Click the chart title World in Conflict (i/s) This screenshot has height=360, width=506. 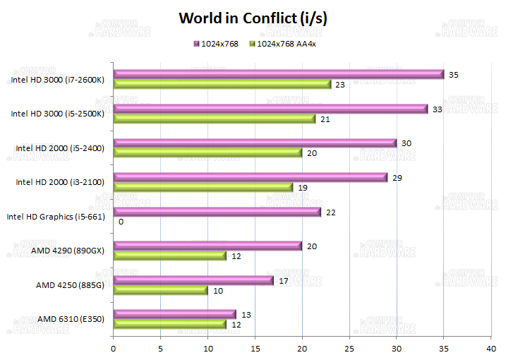pos(252,18)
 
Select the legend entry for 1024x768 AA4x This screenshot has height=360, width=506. pos(286,44)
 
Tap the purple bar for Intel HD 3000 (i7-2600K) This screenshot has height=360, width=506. pos(278,74)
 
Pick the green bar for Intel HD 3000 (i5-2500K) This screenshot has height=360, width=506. pos(214,119)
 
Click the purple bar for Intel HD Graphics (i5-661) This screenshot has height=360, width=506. pos(217,212)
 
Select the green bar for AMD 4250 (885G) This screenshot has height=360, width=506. pos(160,290)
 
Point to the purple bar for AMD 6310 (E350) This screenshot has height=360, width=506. pos(174,314)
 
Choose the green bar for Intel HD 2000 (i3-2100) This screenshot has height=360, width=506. pos(203,187)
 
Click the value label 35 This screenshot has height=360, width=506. pos(454,74)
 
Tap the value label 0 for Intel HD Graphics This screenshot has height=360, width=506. pos(121,222)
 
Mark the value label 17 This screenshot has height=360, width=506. pos(284,280)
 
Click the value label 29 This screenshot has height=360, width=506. pos(397,177)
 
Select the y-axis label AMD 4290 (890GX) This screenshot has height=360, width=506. pos(68,251)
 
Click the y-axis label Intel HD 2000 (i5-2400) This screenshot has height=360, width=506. pos(60,148)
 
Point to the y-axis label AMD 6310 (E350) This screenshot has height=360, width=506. pos(71,319)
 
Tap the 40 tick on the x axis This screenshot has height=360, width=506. pos(491,347)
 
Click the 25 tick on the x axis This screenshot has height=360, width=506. pos(349,347)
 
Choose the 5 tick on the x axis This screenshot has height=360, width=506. pos(160,347)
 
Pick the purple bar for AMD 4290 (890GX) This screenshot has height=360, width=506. pos(207,246)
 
